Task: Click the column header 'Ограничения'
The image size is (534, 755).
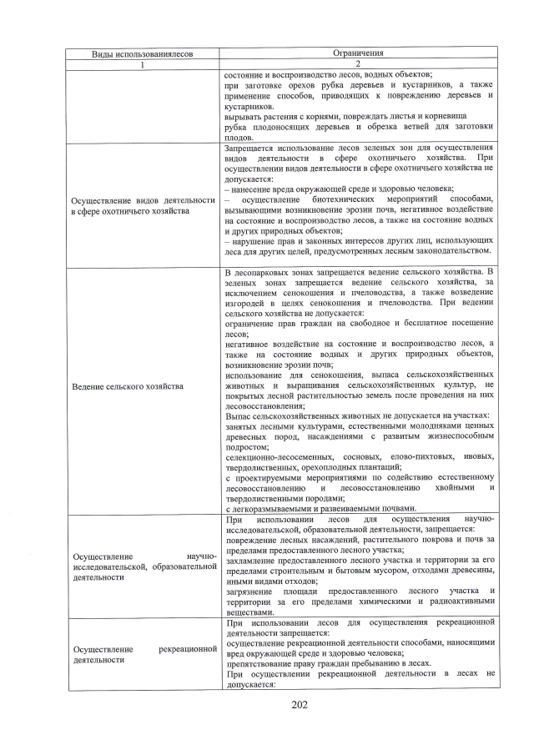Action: [357, 53]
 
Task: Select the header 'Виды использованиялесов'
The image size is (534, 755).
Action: [142, 53]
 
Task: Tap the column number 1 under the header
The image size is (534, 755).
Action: [142, 63]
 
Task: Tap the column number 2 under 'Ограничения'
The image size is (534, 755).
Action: [357, 63]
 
